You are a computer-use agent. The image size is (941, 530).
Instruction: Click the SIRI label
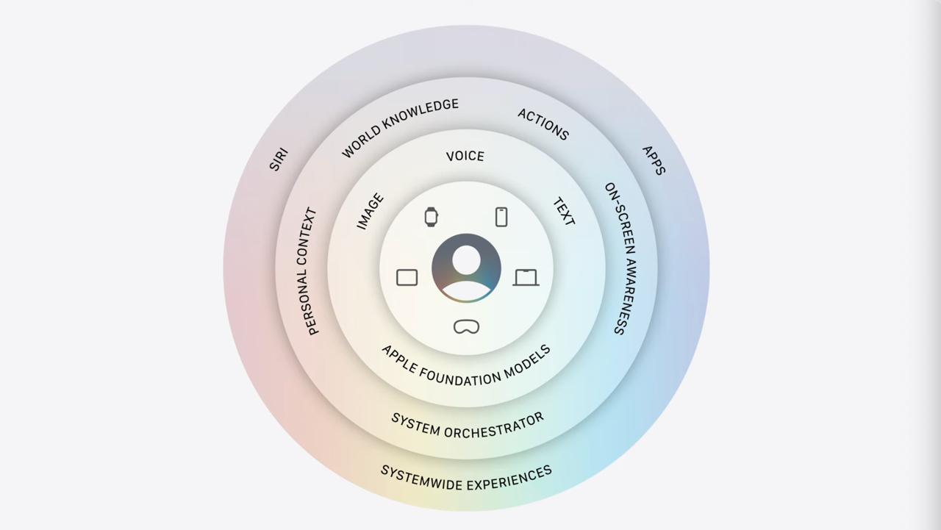click(279, 160)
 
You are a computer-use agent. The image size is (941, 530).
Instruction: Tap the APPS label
click(654, 160)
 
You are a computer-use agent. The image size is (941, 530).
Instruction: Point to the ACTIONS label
click(543, 124)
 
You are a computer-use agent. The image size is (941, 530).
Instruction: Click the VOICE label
click(465, 157)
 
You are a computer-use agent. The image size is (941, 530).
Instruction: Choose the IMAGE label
click(370, 211)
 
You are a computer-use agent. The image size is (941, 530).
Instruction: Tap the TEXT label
click(564, 211)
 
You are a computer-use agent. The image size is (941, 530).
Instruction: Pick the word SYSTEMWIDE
click(421, 478)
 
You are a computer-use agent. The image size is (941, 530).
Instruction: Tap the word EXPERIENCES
click(509, 479)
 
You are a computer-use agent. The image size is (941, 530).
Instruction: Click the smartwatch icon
click(431, 217)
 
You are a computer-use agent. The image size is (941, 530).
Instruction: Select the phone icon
click(501, 217)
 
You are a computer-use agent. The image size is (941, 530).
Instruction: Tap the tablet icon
click(407, 277)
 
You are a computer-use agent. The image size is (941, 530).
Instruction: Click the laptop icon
click(526, 278)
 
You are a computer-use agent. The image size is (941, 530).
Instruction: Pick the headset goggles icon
click(466, 326)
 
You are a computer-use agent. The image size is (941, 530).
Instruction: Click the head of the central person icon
click(466, 260)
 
